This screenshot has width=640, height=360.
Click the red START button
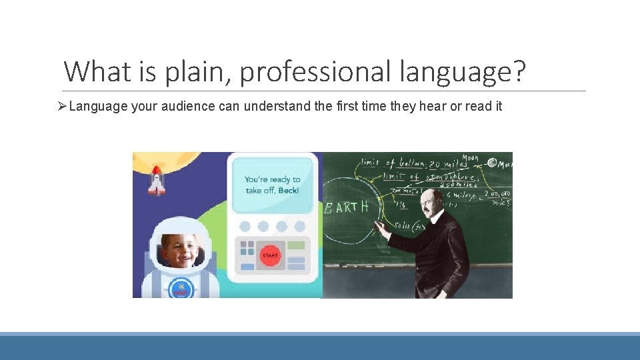click(x=270, y=255)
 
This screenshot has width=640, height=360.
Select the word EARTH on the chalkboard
click(x=346, y=207)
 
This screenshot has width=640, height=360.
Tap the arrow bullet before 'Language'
click(x=63, y=107)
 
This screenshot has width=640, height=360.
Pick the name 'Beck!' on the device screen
click(x=289, y=191)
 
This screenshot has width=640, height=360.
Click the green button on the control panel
click(x=297, y=245)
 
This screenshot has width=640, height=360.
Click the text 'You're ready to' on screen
click(x=272, y=179)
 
